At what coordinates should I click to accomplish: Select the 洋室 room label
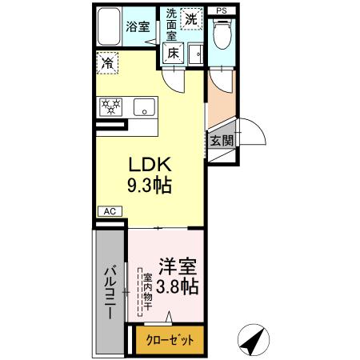point(177,266)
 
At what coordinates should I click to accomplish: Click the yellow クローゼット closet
point(170,339)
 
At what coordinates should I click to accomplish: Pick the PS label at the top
point(221,11)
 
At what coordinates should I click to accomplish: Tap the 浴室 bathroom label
point(138,26)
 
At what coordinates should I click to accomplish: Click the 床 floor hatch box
point(173,53)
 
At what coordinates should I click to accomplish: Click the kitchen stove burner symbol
point(110,106)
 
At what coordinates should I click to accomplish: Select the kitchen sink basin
point(144,106)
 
